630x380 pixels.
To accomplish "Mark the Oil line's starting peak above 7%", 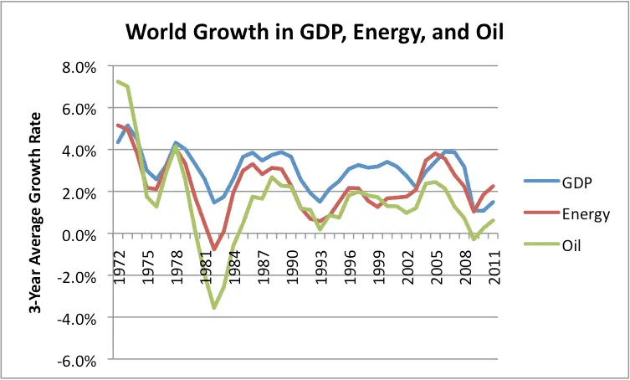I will [x=119, y=81].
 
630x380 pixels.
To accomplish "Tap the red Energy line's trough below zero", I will [x=214, y=249].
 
